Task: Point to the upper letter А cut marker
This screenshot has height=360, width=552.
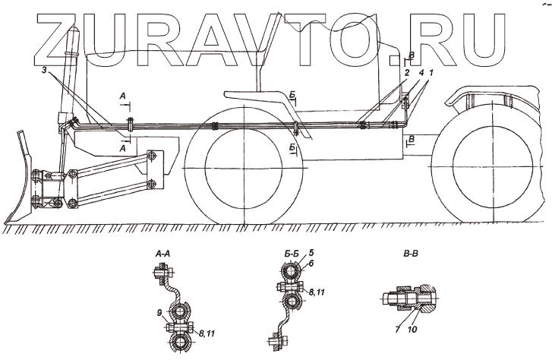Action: [122, 96]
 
